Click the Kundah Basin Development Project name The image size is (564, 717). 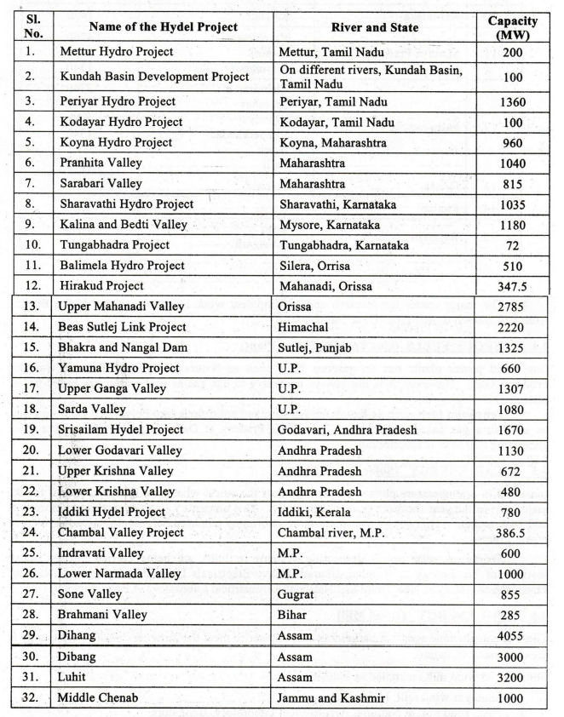154,77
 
